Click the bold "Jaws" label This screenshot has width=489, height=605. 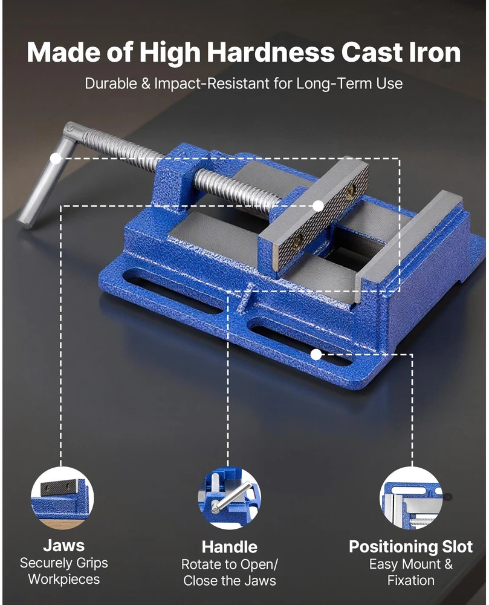pos(63,546)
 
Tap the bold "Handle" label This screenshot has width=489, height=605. pos(229,547)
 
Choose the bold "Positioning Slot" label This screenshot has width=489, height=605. pos(411,547)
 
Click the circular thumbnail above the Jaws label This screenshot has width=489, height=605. pos(62,498)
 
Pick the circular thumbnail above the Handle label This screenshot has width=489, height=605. pos(229,498)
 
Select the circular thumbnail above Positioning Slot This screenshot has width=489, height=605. pos(411,498)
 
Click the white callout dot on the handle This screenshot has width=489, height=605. pos(56,158)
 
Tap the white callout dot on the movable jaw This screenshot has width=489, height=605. pos(318,206)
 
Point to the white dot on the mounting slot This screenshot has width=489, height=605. pos(316,354)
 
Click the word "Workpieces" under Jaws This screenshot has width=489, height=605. pos(64,579)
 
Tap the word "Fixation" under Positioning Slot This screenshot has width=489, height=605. pos(411,580)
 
